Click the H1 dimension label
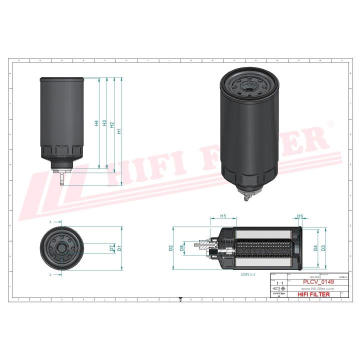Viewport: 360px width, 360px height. pos(119,131)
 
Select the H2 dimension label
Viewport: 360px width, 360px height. pos(112,127)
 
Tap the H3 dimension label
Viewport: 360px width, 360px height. pos(104,123)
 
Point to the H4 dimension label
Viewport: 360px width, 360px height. pos(96,122)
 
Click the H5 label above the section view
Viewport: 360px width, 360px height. pos(222,216)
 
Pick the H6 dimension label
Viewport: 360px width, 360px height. pos(300,216)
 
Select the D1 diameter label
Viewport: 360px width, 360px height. pos(119,247)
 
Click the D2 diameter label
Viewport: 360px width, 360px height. pos(171,248)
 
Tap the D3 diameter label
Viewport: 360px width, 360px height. pos(323,247)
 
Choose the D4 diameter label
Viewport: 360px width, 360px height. pos(315,247)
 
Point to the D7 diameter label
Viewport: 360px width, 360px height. pos(111,247)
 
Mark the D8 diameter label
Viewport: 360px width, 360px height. pos(182,247)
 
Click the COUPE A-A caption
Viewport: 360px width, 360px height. pos(248,274)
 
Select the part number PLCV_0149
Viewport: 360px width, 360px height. pos(318,282)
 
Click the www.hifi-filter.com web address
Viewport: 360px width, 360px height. pos(318,288)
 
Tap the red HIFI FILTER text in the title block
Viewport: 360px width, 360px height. pos(313,294)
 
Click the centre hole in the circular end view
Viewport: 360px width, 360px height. pos(63,247)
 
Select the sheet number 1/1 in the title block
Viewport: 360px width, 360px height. pos(279,283)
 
